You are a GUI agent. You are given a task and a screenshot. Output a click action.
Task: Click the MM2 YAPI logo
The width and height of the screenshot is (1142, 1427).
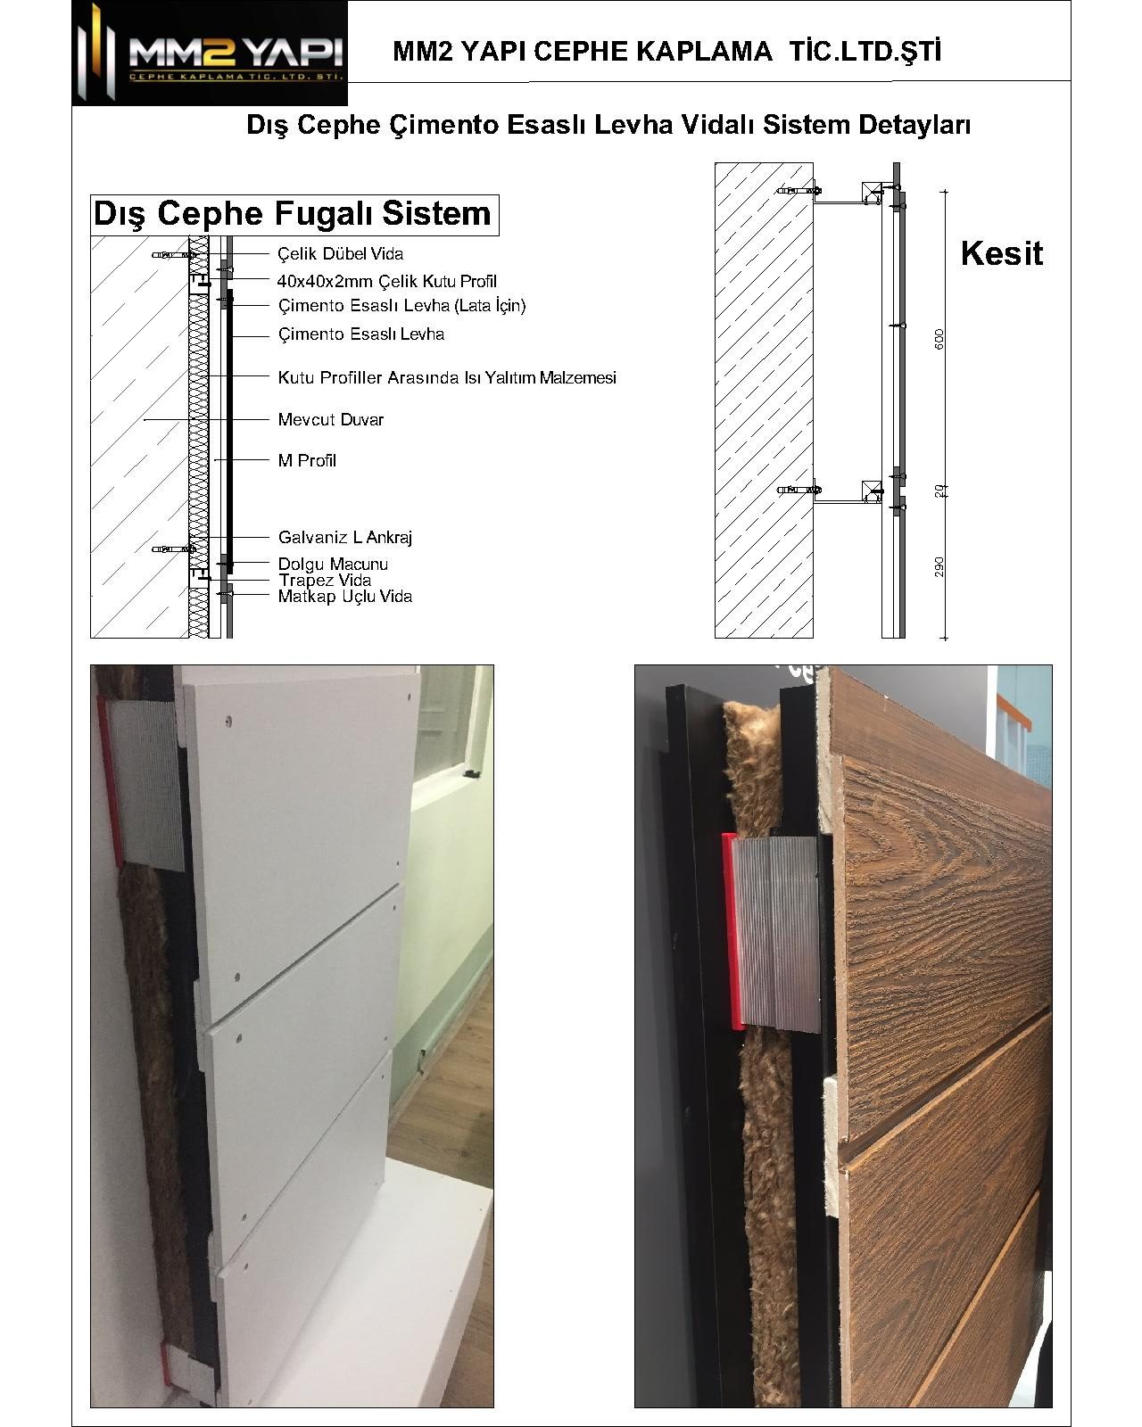coord(210,53)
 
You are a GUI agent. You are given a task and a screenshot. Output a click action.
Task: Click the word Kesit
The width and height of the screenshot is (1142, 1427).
coord(1001,253)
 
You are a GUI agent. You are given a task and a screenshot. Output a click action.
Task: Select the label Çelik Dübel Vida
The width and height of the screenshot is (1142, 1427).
coord(341,254)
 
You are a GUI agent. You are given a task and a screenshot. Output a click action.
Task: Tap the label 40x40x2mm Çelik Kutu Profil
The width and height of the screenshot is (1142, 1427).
coord(387,281)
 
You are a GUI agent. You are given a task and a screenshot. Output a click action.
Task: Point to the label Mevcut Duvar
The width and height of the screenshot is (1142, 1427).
coord(330,420)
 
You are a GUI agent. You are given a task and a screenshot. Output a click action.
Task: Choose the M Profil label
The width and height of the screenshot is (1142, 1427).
coord(307,461)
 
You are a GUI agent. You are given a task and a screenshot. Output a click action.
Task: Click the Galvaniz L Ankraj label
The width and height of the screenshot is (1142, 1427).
coord(345,537)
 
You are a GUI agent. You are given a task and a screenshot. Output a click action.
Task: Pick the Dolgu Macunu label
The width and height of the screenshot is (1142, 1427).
coord(333,565)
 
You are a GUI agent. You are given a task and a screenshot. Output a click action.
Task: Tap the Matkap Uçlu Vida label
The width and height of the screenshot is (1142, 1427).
coord(345,597)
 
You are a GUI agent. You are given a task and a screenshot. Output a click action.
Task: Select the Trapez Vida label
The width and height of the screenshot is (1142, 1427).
coord(325,581)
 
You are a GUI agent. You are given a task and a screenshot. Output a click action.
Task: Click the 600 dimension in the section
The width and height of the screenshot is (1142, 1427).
coord(939,340)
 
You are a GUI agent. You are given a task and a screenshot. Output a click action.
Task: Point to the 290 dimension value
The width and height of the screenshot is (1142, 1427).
coord(939,567)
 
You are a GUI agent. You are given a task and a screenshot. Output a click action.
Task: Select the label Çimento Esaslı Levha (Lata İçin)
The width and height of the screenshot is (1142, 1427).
coord(401,306)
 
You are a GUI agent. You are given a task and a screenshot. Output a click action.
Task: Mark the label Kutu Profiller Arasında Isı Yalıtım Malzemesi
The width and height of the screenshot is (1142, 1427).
coord(447,378)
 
